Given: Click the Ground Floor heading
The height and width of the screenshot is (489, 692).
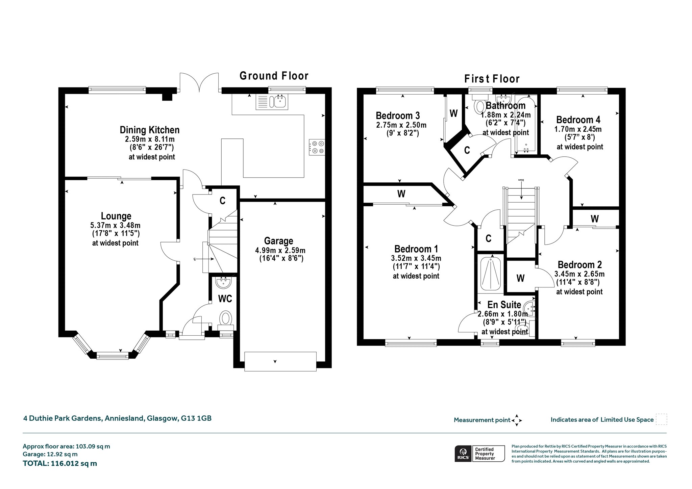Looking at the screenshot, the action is [274, 76].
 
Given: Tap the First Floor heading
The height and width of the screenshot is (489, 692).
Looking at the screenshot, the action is [492, 79].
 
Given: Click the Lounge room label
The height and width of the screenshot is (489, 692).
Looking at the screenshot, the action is [116, 216].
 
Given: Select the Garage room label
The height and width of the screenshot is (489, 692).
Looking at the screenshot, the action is [279, 241].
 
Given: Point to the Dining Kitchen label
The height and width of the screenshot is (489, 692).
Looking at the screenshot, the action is [150, 130].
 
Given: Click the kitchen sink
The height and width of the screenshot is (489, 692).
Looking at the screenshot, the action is [272, 102].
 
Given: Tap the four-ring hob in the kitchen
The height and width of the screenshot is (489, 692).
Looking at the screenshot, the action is [317, 147].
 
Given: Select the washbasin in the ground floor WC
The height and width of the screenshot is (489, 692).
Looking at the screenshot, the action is [223, 283].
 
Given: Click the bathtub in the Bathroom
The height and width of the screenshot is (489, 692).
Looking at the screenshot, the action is [526, 125].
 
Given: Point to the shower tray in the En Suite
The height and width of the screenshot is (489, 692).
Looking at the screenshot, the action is [491, 274].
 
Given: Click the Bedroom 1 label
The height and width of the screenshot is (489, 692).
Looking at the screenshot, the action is [416, 249].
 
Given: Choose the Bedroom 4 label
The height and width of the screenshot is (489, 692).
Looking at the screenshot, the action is [578, 120].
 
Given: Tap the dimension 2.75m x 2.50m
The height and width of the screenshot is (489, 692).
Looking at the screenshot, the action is [401, 125].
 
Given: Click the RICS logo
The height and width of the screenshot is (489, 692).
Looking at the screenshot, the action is [463, 454].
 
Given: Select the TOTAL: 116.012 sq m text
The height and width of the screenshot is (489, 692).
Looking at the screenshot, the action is [60, 463].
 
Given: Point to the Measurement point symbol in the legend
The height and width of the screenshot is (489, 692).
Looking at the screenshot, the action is [517, 420].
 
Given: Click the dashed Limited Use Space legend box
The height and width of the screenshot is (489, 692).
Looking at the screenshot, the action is [661, 419].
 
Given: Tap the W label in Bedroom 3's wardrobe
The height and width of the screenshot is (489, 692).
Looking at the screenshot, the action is [454, 113].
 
